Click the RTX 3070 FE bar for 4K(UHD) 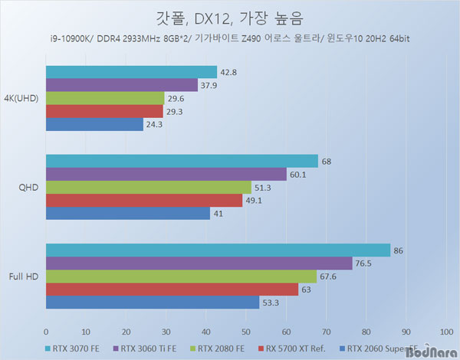(x=131, y=72)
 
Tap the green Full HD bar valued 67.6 (x=181, y=276)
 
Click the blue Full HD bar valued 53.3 (x=153, y=302)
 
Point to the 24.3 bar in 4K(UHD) (x=94, y=124)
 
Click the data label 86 (x=399, y=250)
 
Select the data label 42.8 (x=228, y=72)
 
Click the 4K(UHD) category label (x=22, y=99)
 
